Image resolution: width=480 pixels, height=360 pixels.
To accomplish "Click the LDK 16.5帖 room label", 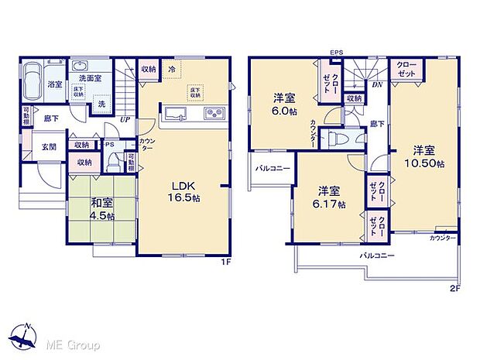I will tap(184, 191).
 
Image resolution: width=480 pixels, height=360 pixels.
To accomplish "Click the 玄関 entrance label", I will tap(49, 147).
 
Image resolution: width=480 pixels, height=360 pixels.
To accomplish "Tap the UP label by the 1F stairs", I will tap(125, 121).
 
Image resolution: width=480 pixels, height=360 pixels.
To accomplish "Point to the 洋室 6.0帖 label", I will tap(284, 104).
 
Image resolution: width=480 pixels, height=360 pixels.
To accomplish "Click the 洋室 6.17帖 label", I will tap(330, 197).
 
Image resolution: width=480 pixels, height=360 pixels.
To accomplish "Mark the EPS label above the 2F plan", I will tap(335, 53).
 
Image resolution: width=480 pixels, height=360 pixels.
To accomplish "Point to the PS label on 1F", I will tap(110, 143).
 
